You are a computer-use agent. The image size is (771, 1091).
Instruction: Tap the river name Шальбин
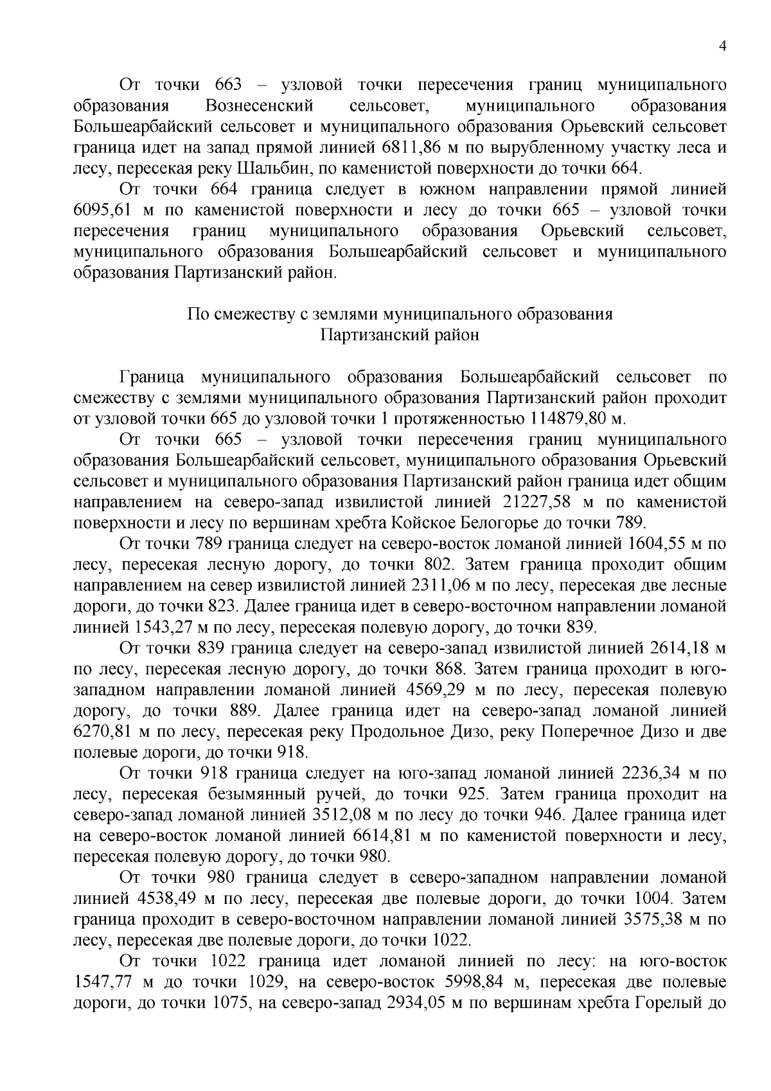coord(273,168)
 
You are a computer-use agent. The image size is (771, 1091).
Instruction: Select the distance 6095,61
coord(103,210)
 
